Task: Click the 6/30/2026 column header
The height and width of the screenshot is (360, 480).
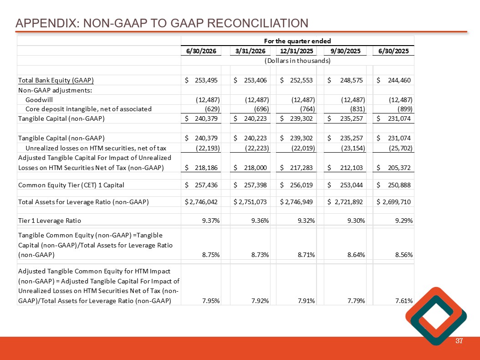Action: click(x=201, y=51)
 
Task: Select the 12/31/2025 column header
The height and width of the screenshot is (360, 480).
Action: click(x=296, y=51)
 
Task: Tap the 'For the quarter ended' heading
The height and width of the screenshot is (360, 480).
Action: click(x=297, y=41)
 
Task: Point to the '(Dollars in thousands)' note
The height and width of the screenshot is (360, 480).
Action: click(x=297, y=61)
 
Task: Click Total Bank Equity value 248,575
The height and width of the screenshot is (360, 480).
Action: click(x=352, y=80)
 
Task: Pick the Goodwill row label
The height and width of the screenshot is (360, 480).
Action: click(x=39, y=100)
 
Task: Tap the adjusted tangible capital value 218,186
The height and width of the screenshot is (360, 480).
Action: click(x=206, y=168)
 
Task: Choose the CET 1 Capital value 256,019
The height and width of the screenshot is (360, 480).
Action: click(x=301, y=185)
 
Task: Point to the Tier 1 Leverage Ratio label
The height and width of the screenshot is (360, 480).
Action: click(x=50, y=221)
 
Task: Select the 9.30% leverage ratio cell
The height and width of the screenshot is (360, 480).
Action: click(x=356, y=221)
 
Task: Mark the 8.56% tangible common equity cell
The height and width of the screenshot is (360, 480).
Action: click(x=404, y=255)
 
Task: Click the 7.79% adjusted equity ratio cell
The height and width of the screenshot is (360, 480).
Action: click(x=356, y=301)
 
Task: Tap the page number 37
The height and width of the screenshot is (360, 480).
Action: click(x=459, y=341)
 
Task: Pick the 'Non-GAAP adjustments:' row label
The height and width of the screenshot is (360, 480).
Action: click(x=55, y=90)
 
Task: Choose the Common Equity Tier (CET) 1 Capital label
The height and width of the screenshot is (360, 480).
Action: click(x=71, y=185)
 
